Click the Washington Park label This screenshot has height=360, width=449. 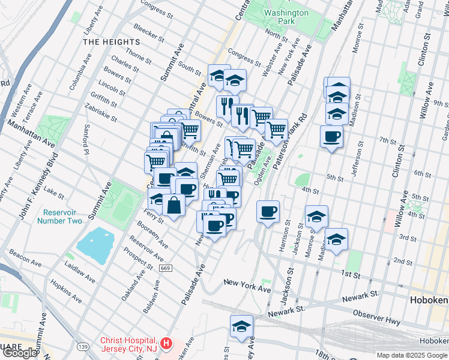click(286, 17)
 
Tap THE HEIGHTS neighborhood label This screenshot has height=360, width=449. click(112, 42)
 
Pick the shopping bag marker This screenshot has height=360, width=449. click(173, 205)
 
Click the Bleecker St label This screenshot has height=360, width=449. click(148, 34)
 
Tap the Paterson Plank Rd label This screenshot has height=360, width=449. click(294, 136)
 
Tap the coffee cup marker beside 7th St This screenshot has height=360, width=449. click(331, 137)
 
